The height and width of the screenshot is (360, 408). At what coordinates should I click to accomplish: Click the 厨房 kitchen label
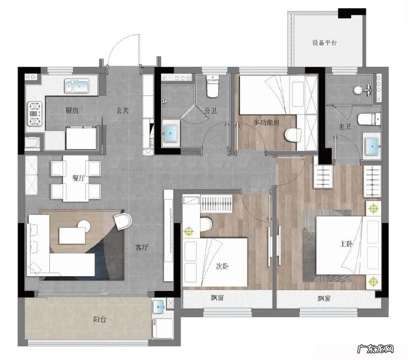pyautogui.click(x=72, y=111)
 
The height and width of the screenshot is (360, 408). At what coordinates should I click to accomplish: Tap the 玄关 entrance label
pyautogui.click(x=122, y=111)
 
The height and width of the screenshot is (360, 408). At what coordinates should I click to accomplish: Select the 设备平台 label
pyautogui.click(x=325, y=43)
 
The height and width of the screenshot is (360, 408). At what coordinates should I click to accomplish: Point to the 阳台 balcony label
pyautogui.click(x=100, y=319)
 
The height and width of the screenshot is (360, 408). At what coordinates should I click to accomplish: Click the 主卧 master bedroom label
pyautogui.click(x=346, y=244)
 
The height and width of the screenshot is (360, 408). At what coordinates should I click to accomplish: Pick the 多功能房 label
pyautogui.click(x=266, y=122)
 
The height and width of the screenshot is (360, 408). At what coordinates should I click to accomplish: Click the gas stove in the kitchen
pyautogui.click(x=35, y=114)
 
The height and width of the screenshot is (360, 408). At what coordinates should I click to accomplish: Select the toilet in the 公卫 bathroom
pyautogui.click(x=212, y=86)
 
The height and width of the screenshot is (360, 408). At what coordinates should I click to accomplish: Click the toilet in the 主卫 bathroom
pyautogui.click(x=369, y=119)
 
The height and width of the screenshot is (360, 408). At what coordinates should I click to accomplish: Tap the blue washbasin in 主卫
pyautogui.click(x=372, y=146)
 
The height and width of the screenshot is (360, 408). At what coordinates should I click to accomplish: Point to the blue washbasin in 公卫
pyautogui.click(x=170, y=133)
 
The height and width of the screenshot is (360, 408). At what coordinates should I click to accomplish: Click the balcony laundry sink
pyautogui.click(x=158, y=307)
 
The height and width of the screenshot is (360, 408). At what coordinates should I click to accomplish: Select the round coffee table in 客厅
pyautogui.click(x=84, y=226)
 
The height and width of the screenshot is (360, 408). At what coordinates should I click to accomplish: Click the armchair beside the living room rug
pyautogui.click(x=123, y=221)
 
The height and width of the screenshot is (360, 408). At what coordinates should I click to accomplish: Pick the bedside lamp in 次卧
pyautogui.click(x=189, y=231)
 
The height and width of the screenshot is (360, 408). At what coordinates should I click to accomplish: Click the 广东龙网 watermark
pyautogui.click(x=376, y=349)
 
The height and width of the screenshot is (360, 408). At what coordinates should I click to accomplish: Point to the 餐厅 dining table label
pyautogui.click(x=79, y=178)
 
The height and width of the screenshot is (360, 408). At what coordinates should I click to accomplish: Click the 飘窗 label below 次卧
pyautogui.click(x=217, y=298)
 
